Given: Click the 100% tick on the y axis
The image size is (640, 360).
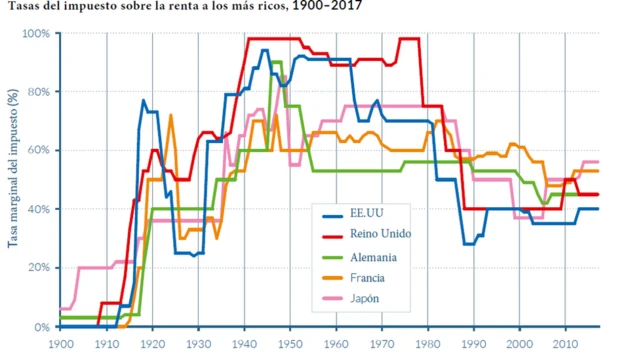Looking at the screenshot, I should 36,33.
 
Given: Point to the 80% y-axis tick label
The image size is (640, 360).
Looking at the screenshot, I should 39,92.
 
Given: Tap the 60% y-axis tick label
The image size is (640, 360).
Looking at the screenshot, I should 39,150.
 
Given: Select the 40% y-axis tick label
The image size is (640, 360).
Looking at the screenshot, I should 39,209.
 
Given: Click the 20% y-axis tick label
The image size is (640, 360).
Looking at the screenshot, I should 39,268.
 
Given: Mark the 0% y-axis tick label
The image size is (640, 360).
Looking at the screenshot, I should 42,327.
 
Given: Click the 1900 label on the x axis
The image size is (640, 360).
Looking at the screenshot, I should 60,344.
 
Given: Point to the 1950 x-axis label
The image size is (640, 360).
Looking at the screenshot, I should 289,344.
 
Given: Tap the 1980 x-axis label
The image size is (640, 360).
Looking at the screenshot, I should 427,344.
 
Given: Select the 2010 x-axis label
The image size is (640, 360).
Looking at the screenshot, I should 565,344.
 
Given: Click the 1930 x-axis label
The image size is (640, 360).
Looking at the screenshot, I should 198,344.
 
